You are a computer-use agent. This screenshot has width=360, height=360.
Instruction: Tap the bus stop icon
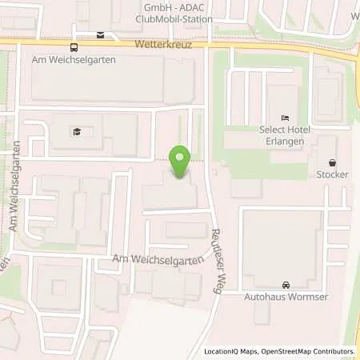pyautogui.click(x=74, y=46)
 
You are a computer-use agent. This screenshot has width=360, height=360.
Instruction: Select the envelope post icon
pyautogui.click(x=100, y=34)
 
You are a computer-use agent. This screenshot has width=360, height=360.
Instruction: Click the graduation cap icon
pyautogui.click(x=78, y=132)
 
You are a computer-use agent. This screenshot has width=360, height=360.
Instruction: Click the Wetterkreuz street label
pyautogui.click(x=158, y=46)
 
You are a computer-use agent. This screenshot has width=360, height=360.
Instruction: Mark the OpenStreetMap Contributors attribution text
pyautogui.click(x=310, y=351)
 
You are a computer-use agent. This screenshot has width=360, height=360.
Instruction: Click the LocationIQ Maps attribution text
pyautogui.click(x=233, y=351)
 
